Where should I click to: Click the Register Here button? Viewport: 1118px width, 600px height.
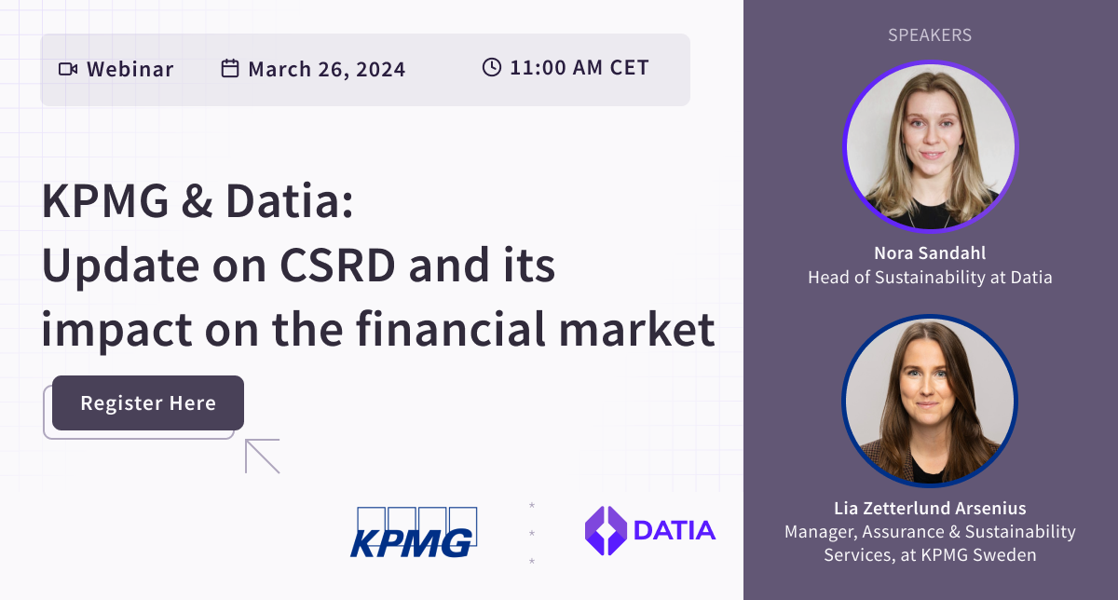pyautogui.click(x=148, y=403)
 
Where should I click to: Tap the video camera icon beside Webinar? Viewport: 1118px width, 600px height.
pyautogui.click(x=67, y=69)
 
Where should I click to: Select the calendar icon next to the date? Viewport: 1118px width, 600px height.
pyautogui.click(x=229, y=69)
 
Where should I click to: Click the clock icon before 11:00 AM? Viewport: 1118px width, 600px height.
pyautogui.click(x=491, y=68)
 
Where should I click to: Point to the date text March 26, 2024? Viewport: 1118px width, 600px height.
pyautogui.click(x=326, y=69)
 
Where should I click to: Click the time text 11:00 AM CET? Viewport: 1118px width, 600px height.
pyautogui.click(x=579, y=68)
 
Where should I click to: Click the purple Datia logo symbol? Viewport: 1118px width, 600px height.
pyautogui.click(x=605, y=531)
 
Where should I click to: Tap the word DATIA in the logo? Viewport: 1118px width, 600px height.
pyautogui.click(x=674, y=531)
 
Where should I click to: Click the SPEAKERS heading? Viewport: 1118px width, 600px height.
pyautogui.click(x=929, y=35)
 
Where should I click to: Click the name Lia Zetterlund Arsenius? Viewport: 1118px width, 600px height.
pyautogui.click(x=930, y=509)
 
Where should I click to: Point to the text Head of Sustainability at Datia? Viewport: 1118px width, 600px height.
pyautogui.click(x=930, y=278)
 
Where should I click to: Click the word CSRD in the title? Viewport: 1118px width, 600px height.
pyautogui.click(x=347, y=268)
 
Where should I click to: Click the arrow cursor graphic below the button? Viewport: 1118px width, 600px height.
pyautogui.click(x=262, y=457)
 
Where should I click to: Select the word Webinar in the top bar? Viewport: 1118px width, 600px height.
pyautogui.click(x=130, y=69)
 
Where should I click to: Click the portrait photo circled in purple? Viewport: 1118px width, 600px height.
pyautogui.click(x=930, y=146)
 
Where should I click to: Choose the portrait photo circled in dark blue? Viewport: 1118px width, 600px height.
pyautogui.click(x=930, y=402)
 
